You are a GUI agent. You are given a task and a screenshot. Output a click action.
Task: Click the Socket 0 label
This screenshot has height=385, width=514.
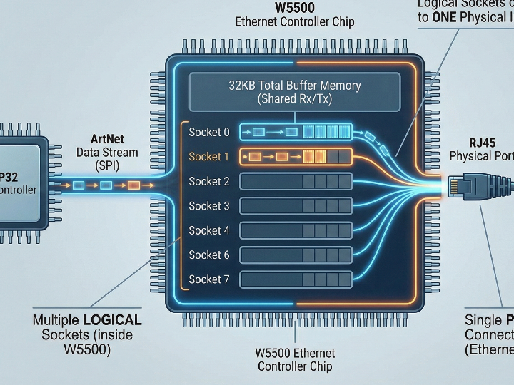pos(209,132)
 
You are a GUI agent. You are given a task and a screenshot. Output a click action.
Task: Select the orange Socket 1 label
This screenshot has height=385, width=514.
pos(209,156)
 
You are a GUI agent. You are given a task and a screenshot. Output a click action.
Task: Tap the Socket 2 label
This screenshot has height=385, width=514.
pos(209,181)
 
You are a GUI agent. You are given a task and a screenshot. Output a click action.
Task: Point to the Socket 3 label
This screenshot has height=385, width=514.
pos(209,206)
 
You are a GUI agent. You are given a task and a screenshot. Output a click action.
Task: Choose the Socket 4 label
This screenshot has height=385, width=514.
pos(209,230)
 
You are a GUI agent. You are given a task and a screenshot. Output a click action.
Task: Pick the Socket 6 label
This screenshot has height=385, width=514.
pos(209,255)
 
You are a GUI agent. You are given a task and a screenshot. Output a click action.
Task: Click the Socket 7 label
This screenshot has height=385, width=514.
pos(209,279)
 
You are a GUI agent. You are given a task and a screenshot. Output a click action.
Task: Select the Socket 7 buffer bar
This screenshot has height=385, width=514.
pos(296,279)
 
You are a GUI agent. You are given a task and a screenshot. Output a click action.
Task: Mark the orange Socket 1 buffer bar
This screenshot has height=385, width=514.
pos(296,156)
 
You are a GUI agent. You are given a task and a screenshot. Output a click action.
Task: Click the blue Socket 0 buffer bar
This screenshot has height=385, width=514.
pos(296,132)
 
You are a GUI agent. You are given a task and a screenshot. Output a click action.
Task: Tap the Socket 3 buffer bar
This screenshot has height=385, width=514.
pos(296,206)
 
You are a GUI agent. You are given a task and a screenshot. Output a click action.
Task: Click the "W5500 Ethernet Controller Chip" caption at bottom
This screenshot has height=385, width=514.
pos(295,360)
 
